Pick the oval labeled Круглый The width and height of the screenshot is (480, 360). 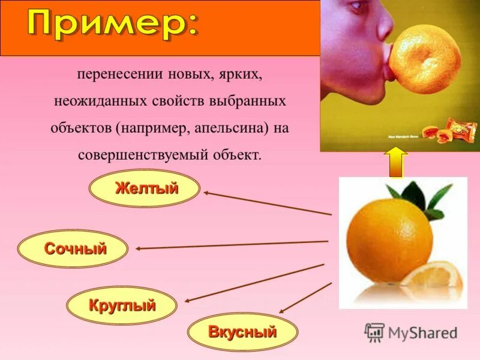click(x=122, y=305)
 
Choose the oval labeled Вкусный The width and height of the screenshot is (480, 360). click(x=242, y=331)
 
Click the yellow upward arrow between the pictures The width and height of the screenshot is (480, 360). click(x=396, y=162)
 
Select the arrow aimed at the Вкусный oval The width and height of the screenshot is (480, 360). click(x=305, y=298)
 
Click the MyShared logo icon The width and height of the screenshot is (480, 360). click(x=375, y=332)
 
